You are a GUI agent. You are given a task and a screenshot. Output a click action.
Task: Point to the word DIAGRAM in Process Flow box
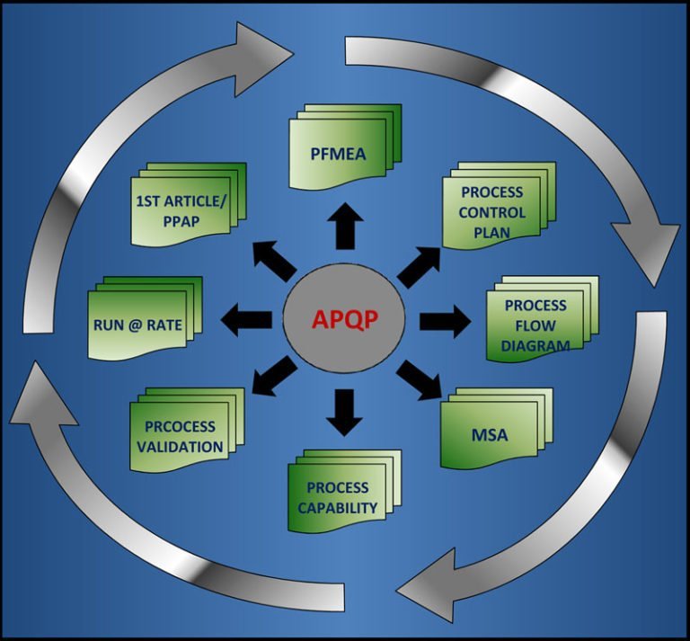tap(537, 343)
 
